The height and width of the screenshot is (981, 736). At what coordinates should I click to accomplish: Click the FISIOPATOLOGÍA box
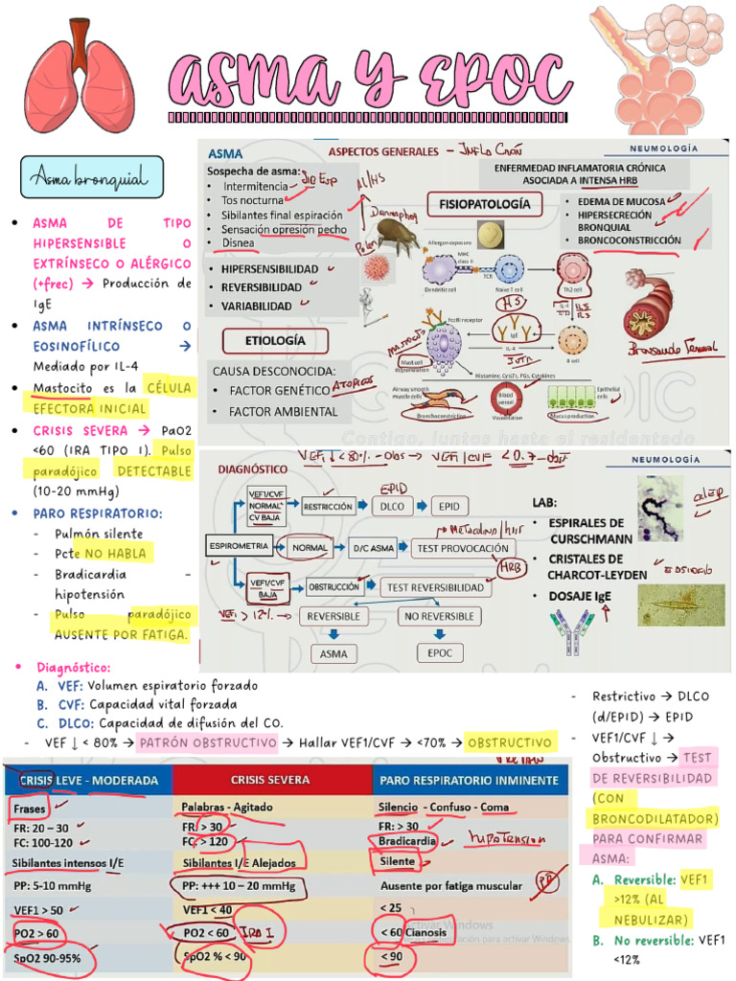[x=484, y=204]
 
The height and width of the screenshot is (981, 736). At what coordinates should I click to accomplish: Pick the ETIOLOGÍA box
[x=275, y=340]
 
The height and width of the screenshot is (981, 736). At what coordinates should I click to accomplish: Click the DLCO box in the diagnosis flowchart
[x=392, y=505]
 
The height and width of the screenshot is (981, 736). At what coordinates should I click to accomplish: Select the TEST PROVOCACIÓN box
[x=459, y=549]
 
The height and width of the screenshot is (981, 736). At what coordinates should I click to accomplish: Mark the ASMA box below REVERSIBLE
[x=334, y=653]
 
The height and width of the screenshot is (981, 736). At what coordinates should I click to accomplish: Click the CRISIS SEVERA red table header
[x=272, y=780]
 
